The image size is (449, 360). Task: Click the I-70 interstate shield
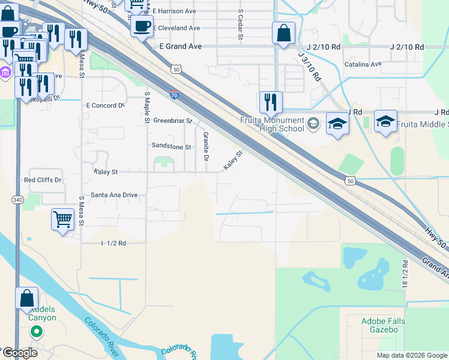pos(173,95)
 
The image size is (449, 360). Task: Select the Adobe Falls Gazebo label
pos(383,325)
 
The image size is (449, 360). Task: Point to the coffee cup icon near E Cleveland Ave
pos(142,27)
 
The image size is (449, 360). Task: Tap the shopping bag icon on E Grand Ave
pos(283,33)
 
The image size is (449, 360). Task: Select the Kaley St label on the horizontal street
pos(106,172)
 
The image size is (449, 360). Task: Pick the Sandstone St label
pos(170,146)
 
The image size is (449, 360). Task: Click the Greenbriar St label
pos(172,120)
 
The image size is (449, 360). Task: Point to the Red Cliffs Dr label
pos(43,180)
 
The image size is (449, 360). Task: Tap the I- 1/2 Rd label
pos(113,243)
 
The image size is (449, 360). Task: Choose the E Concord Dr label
pos(105,105)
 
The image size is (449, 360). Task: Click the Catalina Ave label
pos(363,64)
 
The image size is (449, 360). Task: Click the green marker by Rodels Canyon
pos(36,331)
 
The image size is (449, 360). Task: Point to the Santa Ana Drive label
pos(114,195)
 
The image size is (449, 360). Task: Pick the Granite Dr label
pos(205,146)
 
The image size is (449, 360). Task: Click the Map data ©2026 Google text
pos(411,355)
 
